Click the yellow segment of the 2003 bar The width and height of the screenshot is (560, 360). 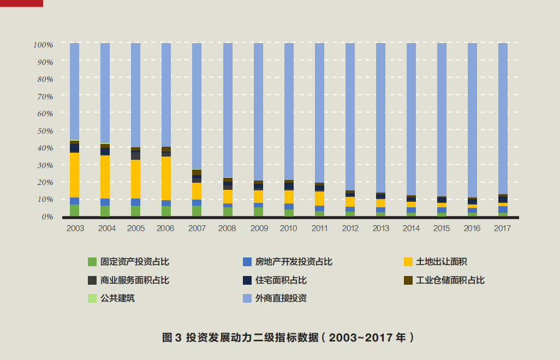tap(74, 175)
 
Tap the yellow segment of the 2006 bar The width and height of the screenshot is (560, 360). tap(166, 178)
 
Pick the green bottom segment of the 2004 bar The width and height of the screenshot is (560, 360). tap(105, 211)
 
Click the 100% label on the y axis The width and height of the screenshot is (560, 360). tap(43, 44)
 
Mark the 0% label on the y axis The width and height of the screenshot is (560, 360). tap(47, 217)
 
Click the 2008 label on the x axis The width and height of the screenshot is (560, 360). tap(227, 229)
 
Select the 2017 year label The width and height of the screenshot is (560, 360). tap(502, 229)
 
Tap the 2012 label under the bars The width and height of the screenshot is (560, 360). tap(350, 229)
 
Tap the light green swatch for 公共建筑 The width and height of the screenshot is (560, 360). tap(92, 298)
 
